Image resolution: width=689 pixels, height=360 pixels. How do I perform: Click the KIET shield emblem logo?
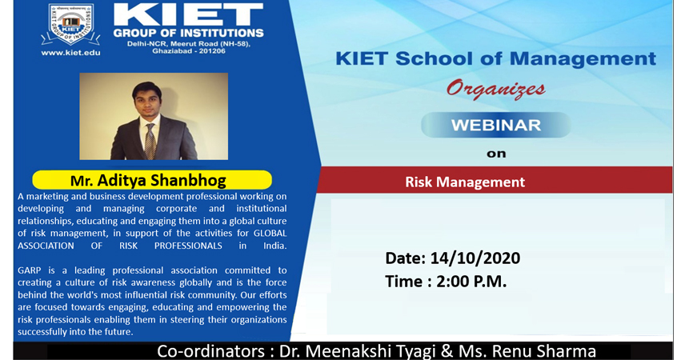click(x=70, y=25)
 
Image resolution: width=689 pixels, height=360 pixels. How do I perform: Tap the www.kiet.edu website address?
click(x=70, y=53)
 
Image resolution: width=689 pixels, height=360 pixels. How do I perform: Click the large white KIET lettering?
click(x=189, y=14)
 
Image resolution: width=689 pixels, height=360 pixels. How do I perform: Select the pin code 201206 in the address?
click(x=214, y=51)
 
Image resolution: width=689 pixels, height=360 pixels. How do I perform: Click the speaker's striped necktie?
click(x=150, y=141)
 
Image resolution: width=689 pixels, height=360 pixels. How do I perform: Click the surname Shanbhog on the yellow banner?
click(x=188, y=181)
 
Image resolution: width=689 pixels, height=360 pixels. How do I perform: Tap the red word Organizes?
click(x=495, y=89)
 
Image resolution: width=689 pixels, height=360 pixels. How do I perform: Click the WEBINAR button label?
click(x=496, y=125)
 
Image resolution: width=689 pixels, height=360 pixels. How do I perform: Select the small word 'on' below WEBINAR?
click(x=496, y=154)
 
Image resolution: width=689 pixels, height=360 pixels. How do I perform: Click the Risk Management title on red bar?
click(x=465, y=182)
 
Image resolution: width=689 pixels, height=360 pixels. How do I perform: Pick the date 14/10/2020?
click(x=475, y=258)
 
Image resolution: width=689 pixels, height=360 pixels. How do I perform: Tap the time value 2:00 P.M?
click(x=471, y=282)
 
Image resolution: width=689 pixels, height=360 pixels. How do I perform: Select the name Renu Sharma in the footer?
click(x=544, y=351)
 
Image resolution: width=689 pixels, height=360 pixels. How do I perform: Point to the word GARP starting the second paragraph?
click(x=29, y=270)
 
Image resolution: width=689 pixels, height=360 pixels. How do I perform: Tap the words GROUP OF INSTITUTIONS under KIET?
click(x=189, y=33)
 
